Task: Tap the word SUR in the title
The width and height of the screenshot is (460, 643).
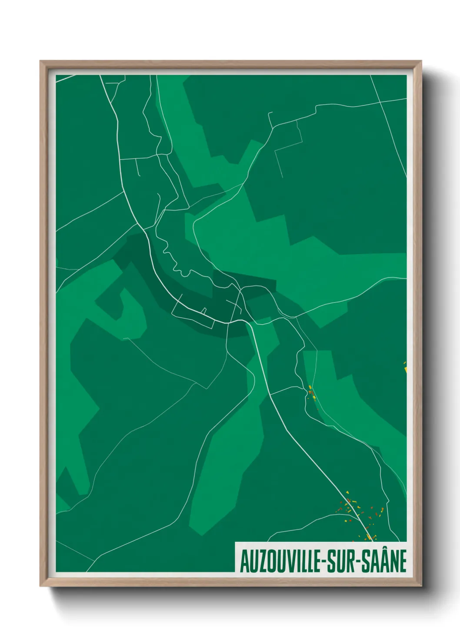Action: click(341, 562)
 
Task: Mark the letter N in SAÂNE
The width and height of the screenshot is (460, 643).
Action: click(393, 562)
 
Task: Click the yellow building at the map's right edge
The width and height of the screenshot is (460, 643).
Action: click(405, 369)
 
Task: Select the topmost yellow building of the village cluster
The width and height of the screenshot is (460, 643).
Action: click(347, 492)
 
